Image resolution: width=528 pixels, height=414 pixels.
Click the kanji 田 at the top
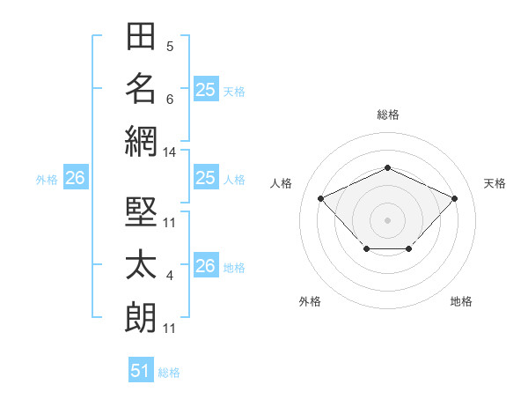(x=141, y=36)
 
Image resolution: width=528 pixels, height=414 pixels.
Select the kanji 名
(x=141, y=89)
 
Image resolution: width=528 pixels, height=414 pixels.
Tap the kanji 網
(x=141, y=142)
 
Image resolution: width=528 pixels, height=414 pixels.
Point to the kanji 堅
(x=141, y=211)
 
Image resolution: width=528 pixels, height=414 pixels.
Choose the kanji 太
(x=141, y=264)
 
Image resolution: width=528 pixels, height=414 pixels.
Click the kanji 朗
(x=141, y=317)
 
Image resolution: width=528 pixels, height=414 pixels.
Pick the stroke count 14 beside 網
(x=169, y=152)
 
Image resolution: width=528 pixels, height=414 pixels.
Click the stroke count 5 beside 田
(x=170, y=47)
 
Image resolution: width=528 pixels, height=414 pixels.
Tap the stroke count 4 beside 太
(x=170, y=276)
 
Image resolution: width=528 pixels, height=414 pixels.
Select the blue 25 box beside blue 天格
(x=206, y=89)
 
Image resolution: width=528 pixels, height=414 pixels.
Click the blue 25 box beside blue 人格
(x=206, y=177)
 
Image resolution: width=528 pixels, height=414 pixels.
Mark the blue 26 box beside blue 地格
(x=206, y=264)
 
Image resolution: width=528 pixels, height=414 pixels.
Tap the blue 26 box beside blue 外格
(x=76, y=177)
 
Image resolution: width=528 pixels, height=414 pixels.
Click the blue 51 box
(x=141, y=369)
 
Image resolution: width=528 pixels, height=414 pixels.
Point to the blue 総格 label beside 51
(x=169, y=373)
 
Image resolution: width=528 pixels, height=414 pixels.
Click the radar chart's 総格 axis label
(x=388, y=115)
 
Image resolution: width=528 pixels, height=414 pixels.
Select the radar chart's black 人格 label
(x=281, y=183)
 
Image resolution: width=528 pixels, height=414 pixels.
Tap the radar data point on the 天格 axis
(x=454, y=198)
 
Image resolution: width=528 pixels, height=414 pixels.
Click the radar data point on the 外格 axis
(x=367, y=248)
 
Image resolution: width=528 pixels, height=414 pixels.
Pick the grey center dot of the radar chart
(x=387, y=220)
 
